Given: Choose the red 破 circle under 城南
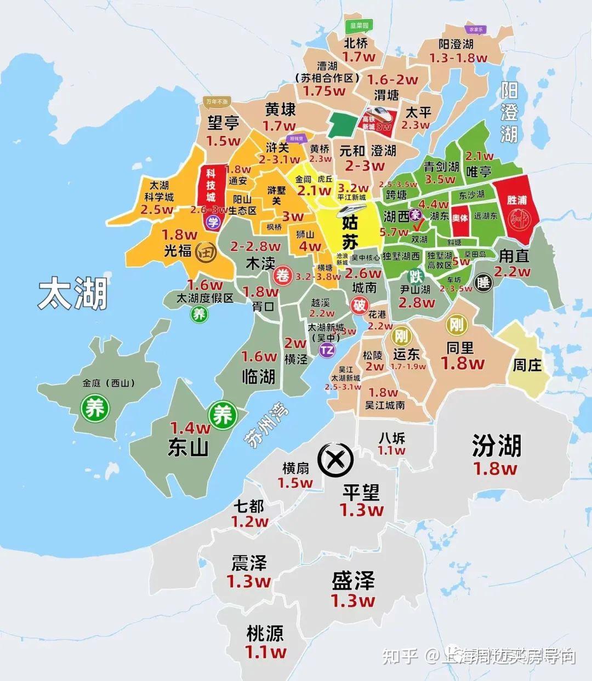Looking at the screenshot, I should pyautogui.click(x=359, y=306).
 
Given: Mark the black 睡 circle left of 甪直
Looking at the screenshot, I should pyautogui.click(x=483, y=283).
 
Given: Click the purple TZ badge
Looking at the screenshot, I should pyautogui.click(x=327, y=351).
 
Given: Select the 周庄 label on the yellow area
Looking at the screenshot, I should pyautogui.click(x=527, y=364).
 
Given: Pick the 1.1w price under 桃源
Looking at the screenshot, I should pyautogui.click(x=265, y=652).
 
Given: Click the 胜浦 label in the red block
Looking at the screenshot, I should pyautogui.click(x=517, y=200).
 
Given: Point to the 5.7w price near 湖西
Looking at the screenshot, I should pyautogui.click(x=394, y=232).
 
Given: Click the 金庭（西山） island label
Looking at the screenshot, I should pyautogui.click(x=109, y=383).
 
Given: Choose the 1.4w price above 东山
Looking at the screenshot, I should pyautogui.click(x=190, y=427).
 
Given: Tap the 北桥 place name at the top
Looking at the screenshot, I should pyautogui.click(x=356, y=43).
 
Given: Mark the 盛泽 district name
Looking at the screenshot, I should pyautogui.click(x=353, y=581).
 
